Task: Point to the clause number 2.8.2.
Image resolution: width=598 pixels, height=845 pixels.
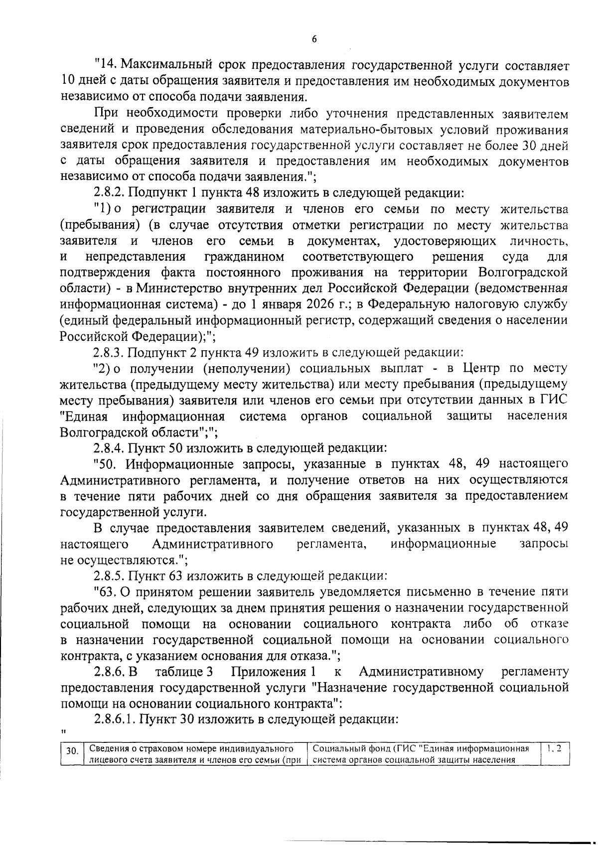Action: tap(109, 193)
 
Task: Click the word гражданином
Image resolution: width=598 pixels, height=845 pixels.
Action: tap(244, 257)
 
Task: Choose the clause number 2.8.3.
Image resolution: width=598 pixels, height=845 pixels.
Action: tap(109, 353)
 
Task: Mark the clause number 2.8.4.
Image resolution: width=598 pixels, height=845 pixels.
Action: tap(109, 448)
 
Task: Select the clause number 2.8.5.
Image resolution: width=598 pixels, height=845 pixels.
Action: tap(109, 576)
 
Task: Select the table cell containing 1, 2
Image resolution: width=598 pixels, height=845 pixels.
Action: tap(554, 748)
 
